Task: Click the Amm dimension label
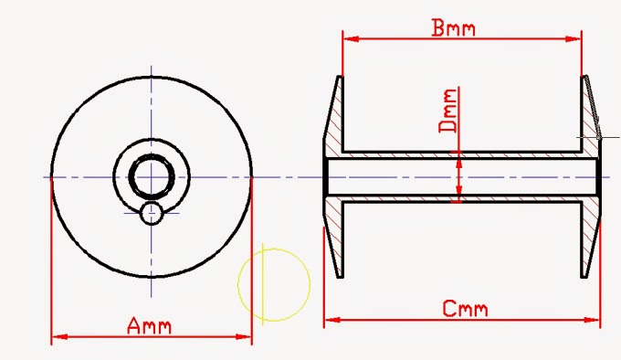click(149, 326)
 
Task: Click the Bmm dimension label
click(453, 27)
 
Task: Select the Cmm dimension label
click(465, 309)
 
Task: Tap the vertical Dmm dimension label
click(447, 110)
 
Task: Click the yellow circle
click(238, 285)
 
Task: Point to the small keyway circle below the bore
click(152, 214)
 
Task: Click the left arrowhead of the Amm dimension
click(59, 337)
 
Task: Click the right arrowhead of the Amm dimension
click(243, 337)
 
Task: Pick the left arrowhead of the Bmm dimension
click(351, 38)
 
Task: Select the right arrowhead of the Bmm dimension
click(574, 38)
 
